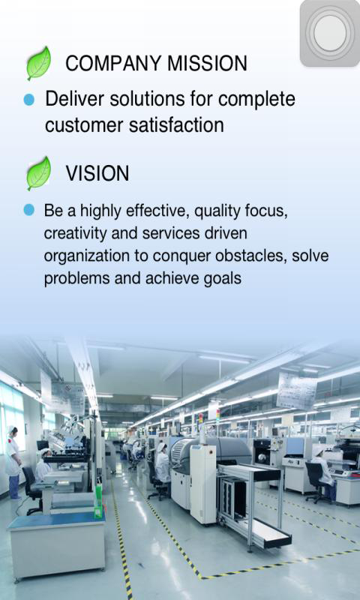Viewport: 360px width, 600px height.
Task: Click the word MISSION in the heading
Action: click(x=207, y=63)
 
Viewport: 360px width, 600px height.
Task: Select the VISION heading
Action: click(x=97, y=173)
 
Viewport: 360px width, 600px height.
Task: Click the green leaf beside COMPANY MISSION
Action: click(x=39, y=63)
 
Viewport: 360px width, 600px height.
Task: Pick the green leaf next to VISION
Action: click(x=39, y=173)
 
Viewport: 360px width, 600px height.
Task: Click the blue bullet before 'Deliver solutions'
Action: click(x=28, y=100)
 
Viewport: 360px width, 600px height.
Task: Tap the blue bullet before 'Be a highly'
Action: click(x=28, y=210)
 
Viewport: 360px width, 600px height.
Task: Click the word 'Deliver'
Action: click(x=74, y=99)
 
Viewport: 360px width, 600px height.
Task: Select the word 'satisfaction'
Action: click(x=176, y=125)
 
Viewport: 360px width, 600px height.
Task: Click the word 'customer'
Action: click(x=85, y=126)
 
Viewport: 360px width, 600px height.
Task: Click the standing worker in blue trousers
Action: click(x=13, y=462)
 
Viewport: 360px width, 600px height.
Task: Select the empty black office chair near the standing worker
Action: click(x=32, y=490)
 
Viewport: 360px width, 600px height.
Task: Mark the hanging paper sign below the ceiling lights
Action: click(x=296, y=390)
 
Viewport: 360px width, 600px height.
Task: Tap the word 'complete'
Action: click(x=256, y=100)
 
